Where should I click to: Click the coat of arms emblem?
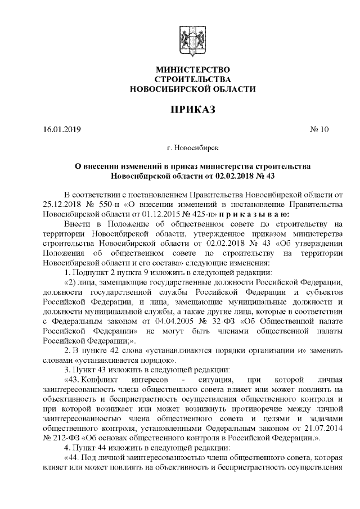tap(192, 41)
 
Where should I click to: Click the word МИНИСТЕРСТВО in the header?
tap(192, 69)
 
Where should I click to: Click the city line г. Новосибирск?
tap(193, 148)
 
